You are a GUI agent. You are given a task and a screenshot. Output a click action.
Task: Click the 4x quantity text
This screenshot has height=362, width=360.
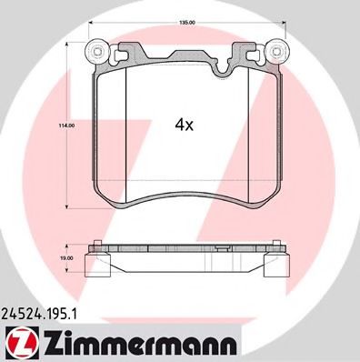tap(184, 126)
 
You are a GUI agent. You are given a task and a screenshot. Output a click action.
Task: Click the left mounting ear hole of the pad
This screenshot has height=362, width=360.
tap(94, 51)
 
